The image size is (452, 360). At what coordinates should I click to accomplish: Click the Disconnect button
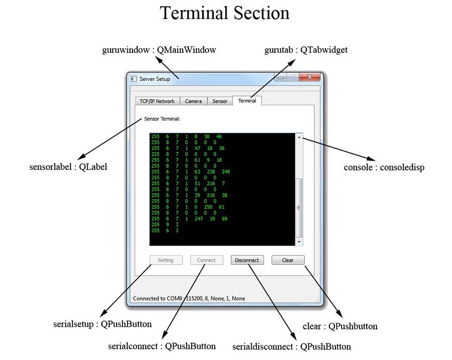click(247, 260)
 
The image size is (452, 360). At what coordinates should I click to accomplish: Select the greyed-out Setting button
click(165, 260)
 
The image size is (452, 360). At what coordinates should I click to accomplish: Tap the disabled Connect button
click(206, 260)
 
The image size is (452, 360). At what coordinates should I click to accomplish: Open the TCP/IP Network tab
click(157, 101)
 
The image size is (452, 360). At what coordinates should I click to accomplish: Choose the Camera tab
click(193, 101)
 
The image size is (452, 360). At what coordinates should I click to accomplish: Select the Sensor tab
click(220, 101)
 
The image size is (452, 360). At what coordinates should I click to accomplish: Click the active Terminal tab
click(247, 101)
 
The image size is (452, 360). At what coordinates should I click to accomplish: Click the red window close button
click(310, 78)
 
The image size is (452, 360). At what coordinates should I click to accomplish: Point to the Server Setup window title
click(155, 79)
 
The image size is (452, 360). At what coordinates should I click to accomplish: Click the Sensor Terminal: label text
click(162, 119)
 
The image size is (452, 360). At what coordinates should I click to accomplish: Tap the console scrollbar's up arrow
click(299, 137)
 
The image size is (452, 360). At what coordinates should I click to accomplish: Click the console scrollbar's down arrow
click(299, 241)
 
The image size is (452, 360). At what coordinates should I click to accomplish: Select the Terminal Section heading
click(225, 13)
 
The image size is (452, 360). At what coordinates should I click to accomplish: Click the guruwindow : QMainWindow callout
click(160, 50)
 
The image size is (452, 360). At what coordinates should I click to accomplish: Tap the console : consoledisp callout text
click(384, 167)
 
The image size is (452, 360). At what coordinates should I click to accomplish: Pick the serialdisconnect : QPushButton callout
click(292, 346)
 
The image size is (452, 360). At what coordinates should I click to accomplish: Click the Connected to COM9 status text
click(189, 298)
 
